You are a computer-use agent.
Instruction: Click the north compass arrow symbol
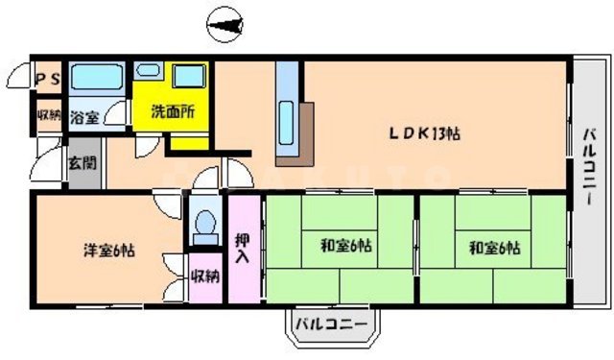tap(228, 23)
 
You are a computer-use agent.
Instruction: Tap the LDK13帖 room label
tap(424, 133)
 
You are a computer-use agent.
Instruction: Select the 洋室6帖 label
tap(107, 252)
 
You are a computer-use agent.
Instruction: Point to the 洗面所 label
tap(175, 112)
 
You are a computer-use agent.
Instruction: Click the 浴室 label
tap(84, 118)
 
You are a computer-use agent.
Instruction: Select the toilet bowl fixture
tap(203, 225)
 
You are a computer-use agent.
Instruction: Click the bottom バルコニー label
tap(329, 324)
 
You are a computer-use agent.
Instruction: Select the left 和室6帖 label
tap(345, 247)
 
